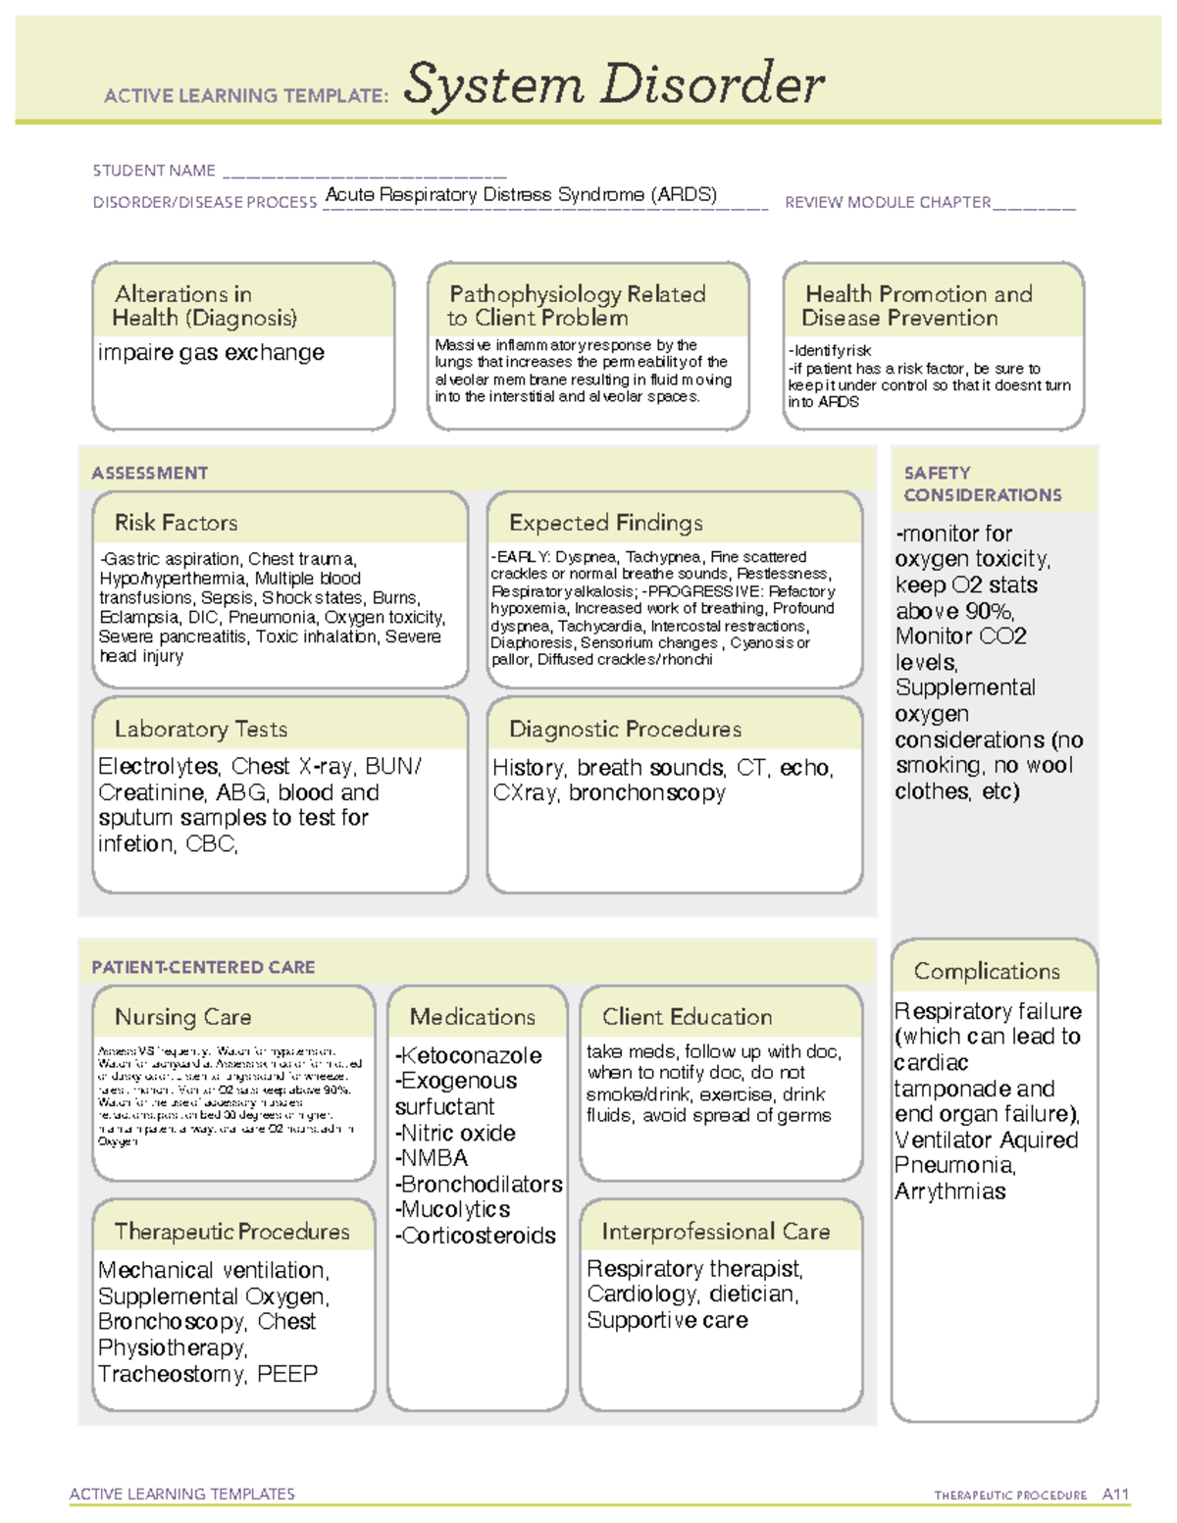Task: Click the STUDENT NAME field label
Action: click(x=154, y=171)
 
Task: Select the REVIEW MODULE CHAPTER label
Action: click(x=888, y=203)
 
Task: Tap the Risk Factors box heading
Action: click(x=176, y=523)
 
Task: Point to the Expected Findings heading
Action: click(x=605, y=523)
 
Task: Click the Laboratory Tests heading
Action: click(x=200, y=729)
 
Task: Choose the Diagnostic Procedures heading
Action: click(x=625, y=729)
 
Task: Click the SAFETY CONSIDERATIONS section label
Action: click(x=982, y=484)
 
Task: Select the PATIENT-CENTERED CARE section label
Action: click(x=203, y=967)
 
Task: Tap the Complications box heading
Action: click(x=986, y=971)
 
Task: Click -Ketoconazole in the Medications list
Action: click(x=468, y=1056)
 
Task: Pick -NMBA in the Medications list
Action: click(x=432, y=1158)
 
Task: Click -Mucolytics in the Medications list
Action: click(x=452, y=1210)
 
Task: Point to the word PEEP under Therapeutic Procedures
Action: click(x=287, y=1374)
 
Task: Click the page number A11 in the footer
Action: click(x=1115, y=1494)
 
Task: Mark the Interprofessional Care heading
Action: click(x=715, y=1231)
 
